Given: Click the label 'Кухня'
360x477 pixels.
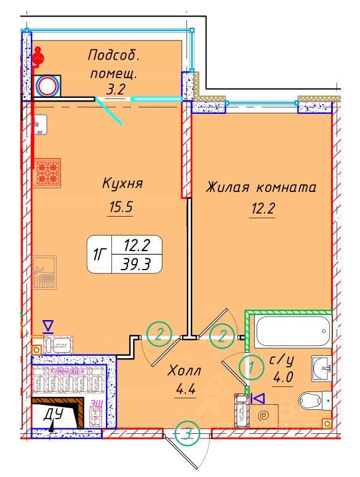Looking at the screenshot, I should click(x=122, y=183).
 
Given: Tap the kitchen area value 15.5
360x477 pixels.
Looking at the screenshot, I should click(x=121, y=207).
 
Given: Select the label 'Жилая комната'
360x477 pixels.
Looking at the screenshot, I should click(x=261, y=186).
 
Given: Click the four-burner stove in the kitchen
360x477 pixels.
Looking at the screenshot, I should click(x=47, y=172).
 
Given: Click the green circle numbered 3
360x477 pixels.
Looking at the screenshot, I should click(x=187, y=433).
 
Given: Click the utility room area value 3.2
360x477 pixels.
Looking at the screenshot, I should click(x=115, y=89).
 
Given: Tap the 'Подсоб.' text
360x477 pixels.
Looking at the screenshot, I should click(x=114, y=55).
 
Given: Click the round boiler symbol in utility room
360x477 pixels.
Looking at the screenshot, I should click(x=47, y=86).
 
